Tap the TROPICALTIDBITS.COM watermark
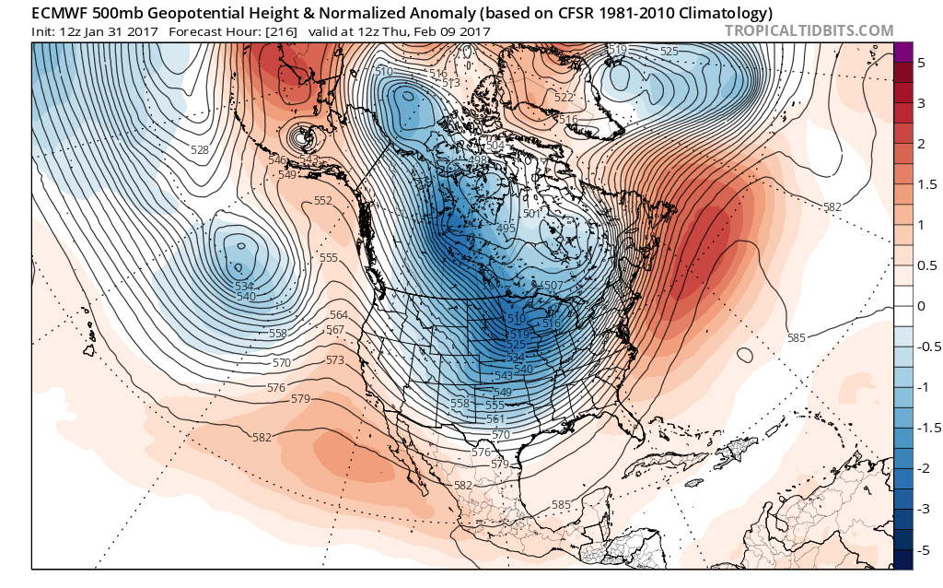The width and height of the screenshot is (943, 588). tap(809, 30)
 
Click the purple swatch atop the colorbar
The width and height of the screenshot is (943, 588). tap(902, 52)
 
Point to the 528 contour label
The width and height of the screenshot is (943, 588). tap(200, 149)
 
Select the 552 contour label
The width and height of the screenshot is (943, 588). tap(323, 201)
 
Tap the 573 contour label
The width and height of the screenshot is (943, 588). tap(334, 359)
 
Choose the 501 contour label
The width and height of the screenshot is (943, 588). tap(530, 214)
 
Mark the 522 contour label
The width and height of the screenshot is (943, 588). tap(564, 97)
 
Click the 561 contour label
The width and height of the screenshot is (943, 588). tap(495, 419)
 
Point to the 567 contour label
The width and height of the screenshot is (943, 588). tap(335, 330)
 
